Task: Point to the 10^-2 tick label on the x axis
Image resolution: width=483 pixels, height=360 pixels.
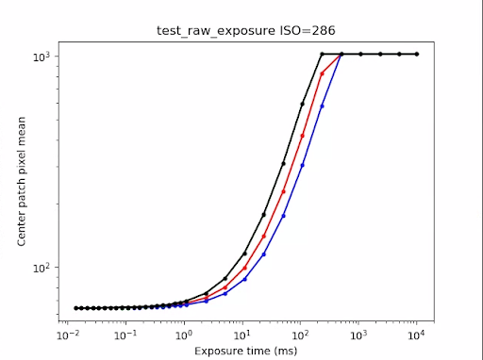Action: [x=67, y=335]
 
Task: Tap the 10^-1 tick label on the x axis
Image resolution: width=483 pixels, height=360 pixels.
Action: [x=125, y=335]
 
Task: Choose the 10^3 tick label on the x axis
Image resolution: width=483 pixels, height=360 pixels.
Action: [x=359, y=335]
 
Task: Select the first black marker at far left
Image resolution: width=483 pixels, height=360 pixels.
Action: [x=76, y=308]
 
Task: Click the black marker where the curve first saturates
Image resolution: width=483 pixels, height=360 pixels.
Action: [x=323, y=55]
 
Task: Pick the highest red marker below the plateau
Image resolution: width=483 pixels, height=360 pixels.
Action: [x=323, y=74]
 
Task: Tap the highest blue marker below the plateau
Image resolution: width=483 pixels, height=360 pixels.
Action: [x=323, y=106]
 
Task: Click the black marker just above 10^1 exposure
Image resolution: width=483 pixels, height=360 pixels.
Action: [x=244, y=254]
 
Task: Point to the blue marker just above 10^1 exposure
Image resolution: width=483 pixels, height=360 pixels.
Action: [x=244, y=279]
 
